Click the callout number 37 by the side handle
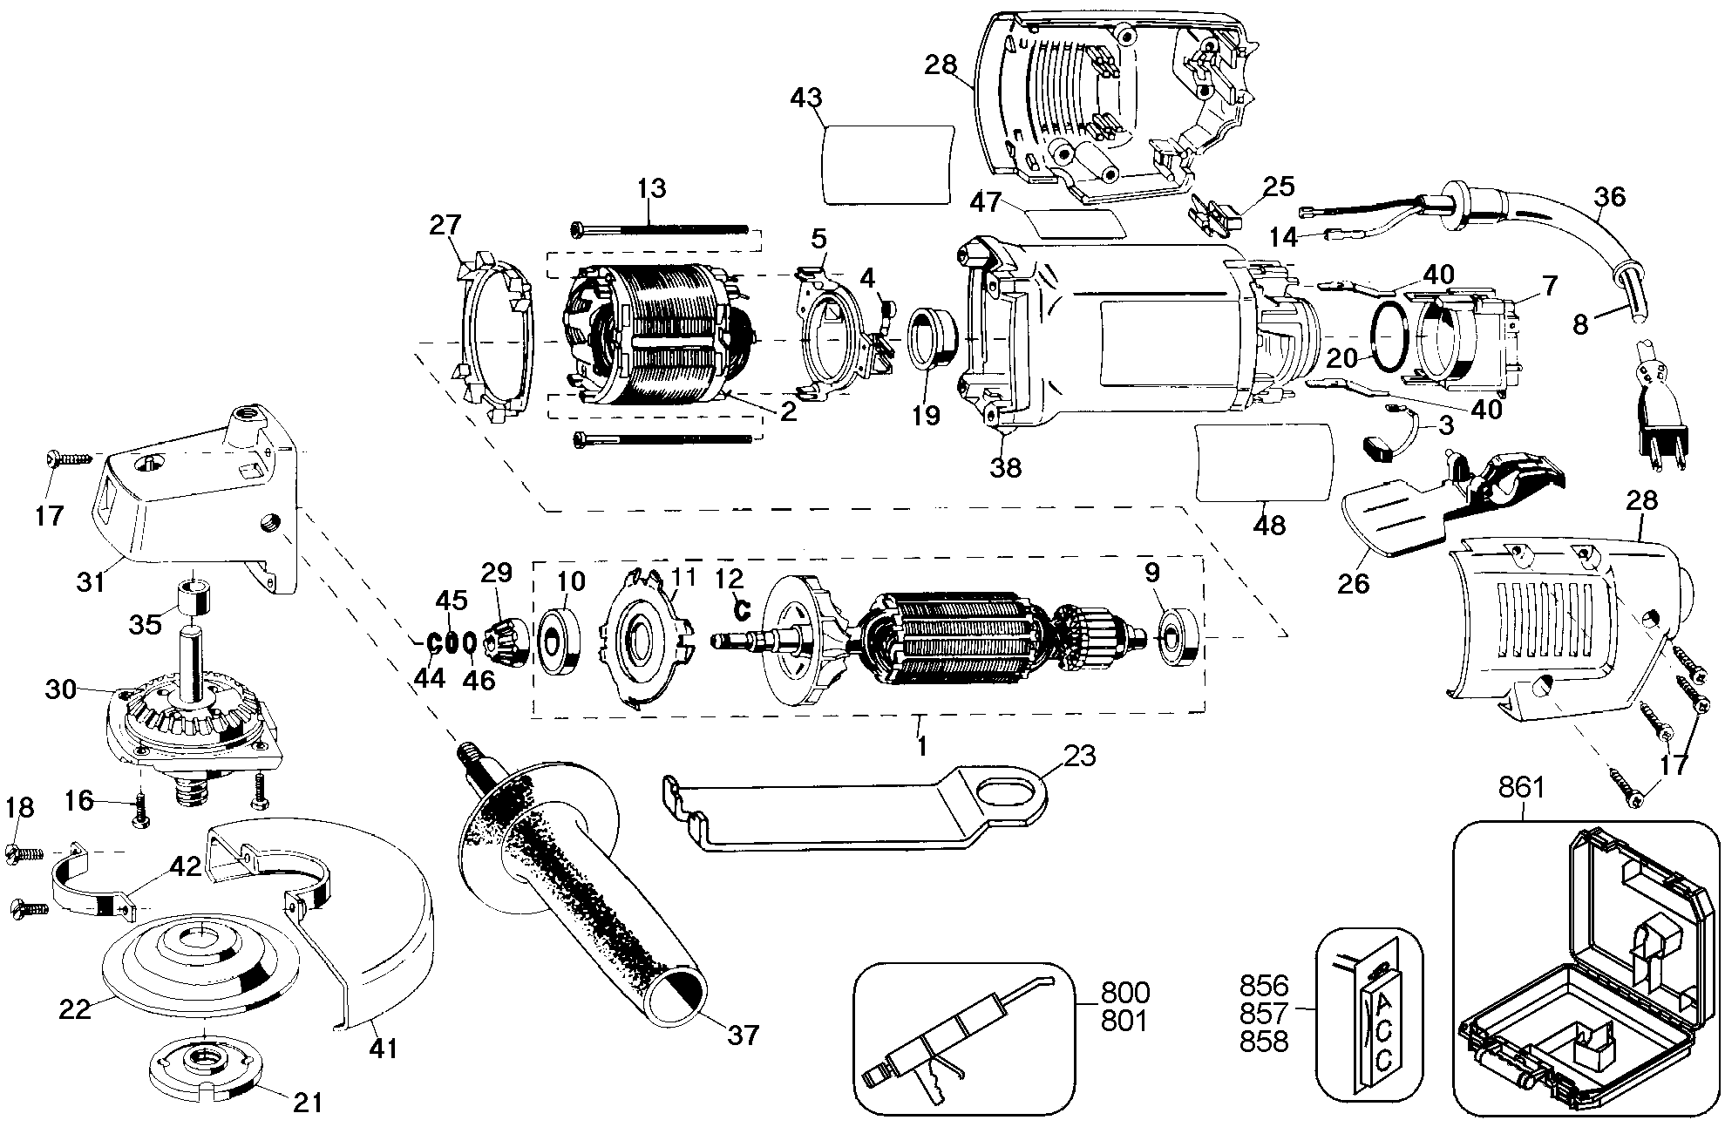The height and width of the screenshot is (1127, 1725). tap(744, 1035)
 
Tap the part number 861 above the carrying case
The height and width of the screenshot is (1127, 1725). tap(1523, 788)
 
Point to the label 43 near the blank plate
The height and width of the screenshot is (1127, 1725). tap(806, 98)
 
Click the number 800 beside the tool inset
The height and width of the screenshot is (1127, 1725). tap(1125, 993)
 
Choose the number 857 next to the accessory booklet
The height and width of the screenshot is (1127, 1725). tap(1264, 1014)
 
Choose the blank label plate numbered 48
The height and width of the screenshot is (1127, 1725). tap(1265, 462)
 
